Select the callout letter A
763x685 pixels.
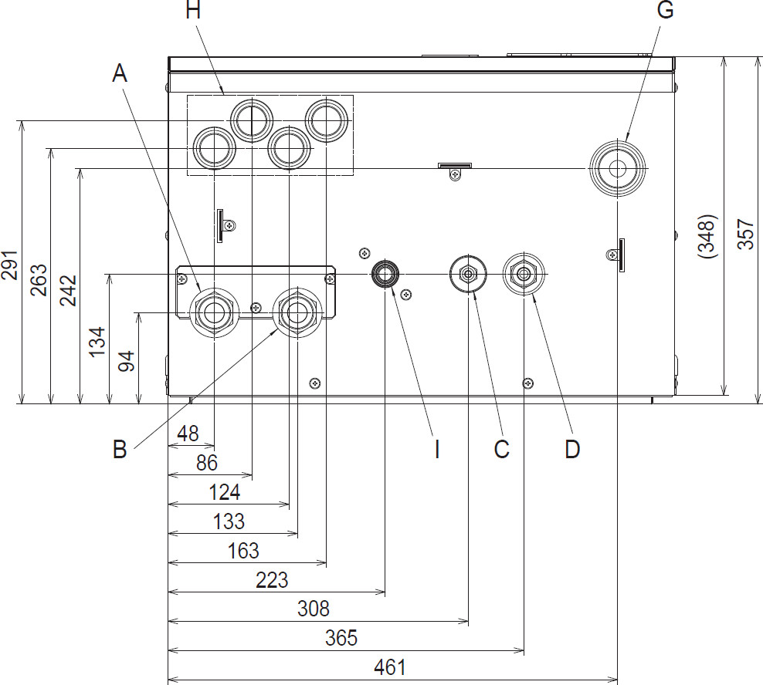pos(119,73)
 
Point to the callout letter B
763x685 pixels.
pos(120,449)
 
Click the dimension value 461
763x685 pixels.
pos(389,667)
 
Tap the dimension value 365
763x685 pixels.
pos(341,638)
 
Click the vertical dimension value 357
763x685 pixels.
pos(745,231)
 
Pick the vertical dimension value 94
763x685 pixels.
pos(126,360)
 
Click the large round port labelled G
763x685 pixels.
pos(616,168)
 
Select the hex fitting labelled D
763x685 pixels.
pos(524,274)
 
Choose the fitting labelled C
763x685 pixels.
pos(468,274)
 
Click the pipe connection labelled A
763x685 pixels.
pos(213,312)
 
